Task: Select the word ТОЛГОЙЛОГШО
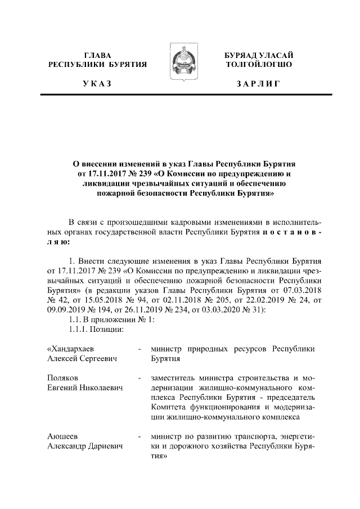pos(258,65)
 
